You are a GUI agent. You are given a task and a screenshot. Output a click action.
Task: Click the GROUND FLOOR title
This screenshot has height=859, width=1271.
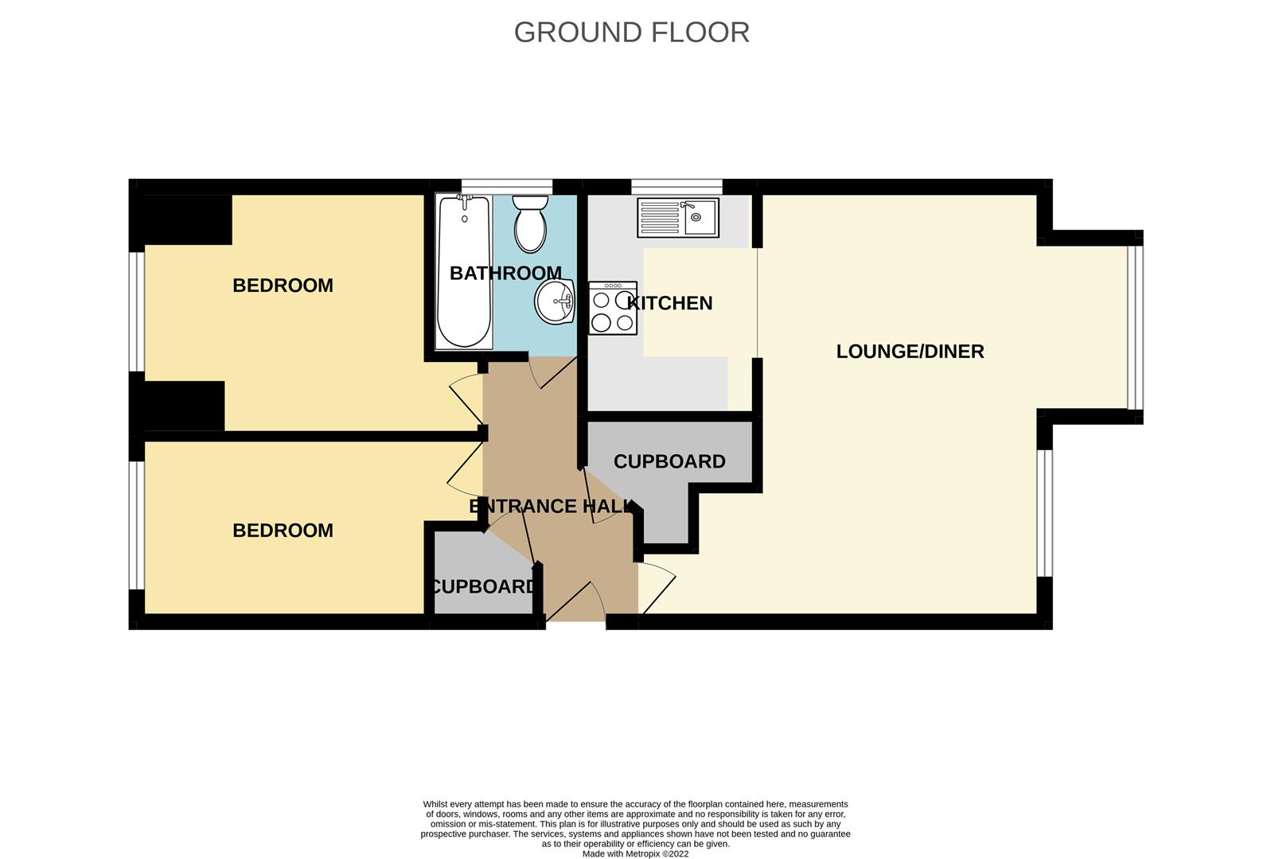click(x=632, y=33)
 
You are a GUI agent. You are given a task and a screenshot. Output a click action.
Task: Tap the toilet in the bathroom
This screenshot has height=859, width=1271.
click(x=530, y=224)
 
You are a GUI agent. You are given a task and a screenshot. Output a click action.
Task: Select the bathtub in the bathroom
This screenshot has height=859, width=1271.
click(x=464, y=271)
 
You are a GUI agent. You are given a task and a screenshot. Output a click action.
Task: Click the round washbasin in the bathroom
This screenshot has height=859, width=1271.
click(x=555, y=302)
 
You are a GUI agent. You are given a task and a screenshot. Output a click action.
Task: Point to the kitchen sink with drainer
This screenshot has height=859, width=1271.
click(x=678, y=217)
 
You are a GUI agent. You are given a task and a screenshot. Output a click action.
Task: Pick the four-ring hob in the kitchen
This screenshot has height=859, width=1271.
click(x=613, y=308)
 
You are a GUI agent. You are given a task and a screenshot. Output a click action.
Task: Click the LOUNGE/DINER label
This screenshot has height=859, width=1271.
click(x=910, y=352)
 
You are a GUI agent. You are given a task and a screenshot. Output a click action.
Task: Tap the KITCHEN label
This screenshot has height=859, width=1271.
click(x=669, y=303)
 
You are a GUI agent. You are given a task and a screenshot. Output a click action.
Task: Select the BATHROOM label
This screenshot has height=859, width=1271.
click(x=505, y=274)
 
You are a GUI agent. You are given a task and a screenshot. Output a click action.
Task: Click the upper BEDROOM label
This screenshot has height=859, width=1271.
click(x=283, y=286)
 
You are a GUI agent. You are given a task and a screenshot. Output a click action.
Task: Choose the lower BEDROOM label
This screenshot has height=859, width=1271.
click(x=283, y=531)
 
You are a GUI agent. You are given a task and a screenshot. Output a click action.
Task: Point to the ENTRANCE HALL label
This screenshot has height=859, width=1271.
click(x=553, y=506)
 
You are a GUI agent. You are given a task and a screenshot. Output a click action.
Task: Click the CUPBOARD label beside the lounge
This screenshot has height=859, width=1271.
click(x=669, y=461)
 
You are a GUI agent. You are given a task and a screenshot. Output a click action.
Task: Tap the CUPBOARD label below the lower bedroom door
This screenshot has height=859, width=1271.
click(x=483, y=586)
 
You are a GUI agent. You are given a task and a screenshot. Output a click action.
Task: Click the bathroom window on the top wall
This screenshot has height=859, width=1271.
click(x=507, y=187)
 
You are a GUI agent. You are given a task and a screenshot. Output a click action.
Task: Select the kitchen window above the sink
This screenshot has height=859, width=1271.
click(x=677, y=187)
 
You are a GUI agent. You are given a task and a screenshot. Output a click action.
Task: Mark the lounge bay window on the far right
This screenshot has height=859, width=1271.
click(x=1135, y=327)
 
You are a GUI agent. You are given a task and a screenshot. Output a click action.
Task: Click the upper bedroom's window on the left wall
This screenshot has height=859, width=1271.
click(x=137, y=311)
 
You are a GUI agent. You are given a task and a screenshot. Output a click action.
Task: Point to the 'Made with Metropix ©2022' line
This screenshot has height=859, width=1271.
click(x=635, y=853)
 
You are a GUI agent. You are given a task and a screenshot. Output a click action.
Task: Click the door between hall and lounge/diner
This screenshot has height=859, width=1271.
click(x=658, y=589)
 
